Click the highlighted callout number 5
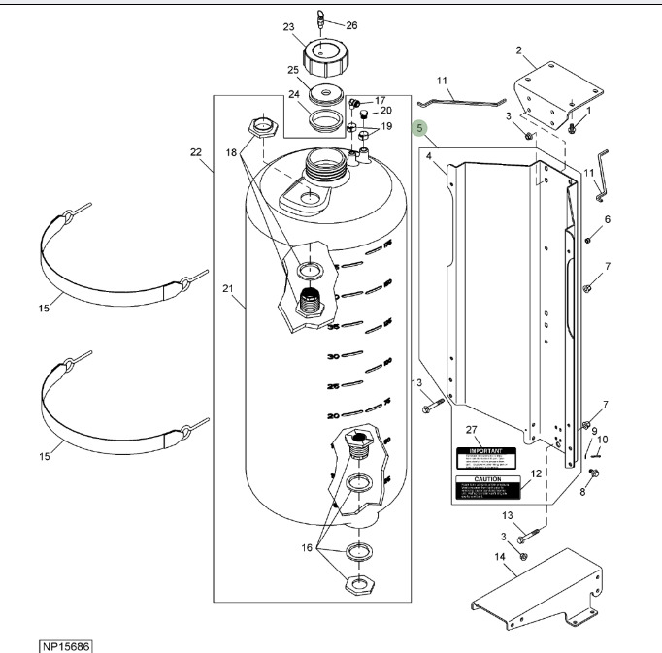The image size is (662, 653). pyautogui.click(x=419, y=128)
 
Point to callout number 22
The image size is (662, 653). pyautogui.click(x=196, y=152)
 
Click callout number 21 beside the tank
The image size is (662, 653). pyautogui.click(x=228, y=288)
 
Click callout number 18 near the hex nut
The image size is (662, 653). pyautogui.click(x=231, y=152)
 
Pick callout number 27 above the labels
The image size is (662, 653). pyautogui.click(x=473, y=429)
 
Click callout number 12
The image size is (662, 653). pyautogui.click(x=535, y=473)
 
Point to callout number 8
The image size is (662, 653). pyautogui.click(x=583, y=492)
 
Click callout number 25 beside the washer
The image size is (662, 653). pyautogui.click(x=292, y=70)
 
